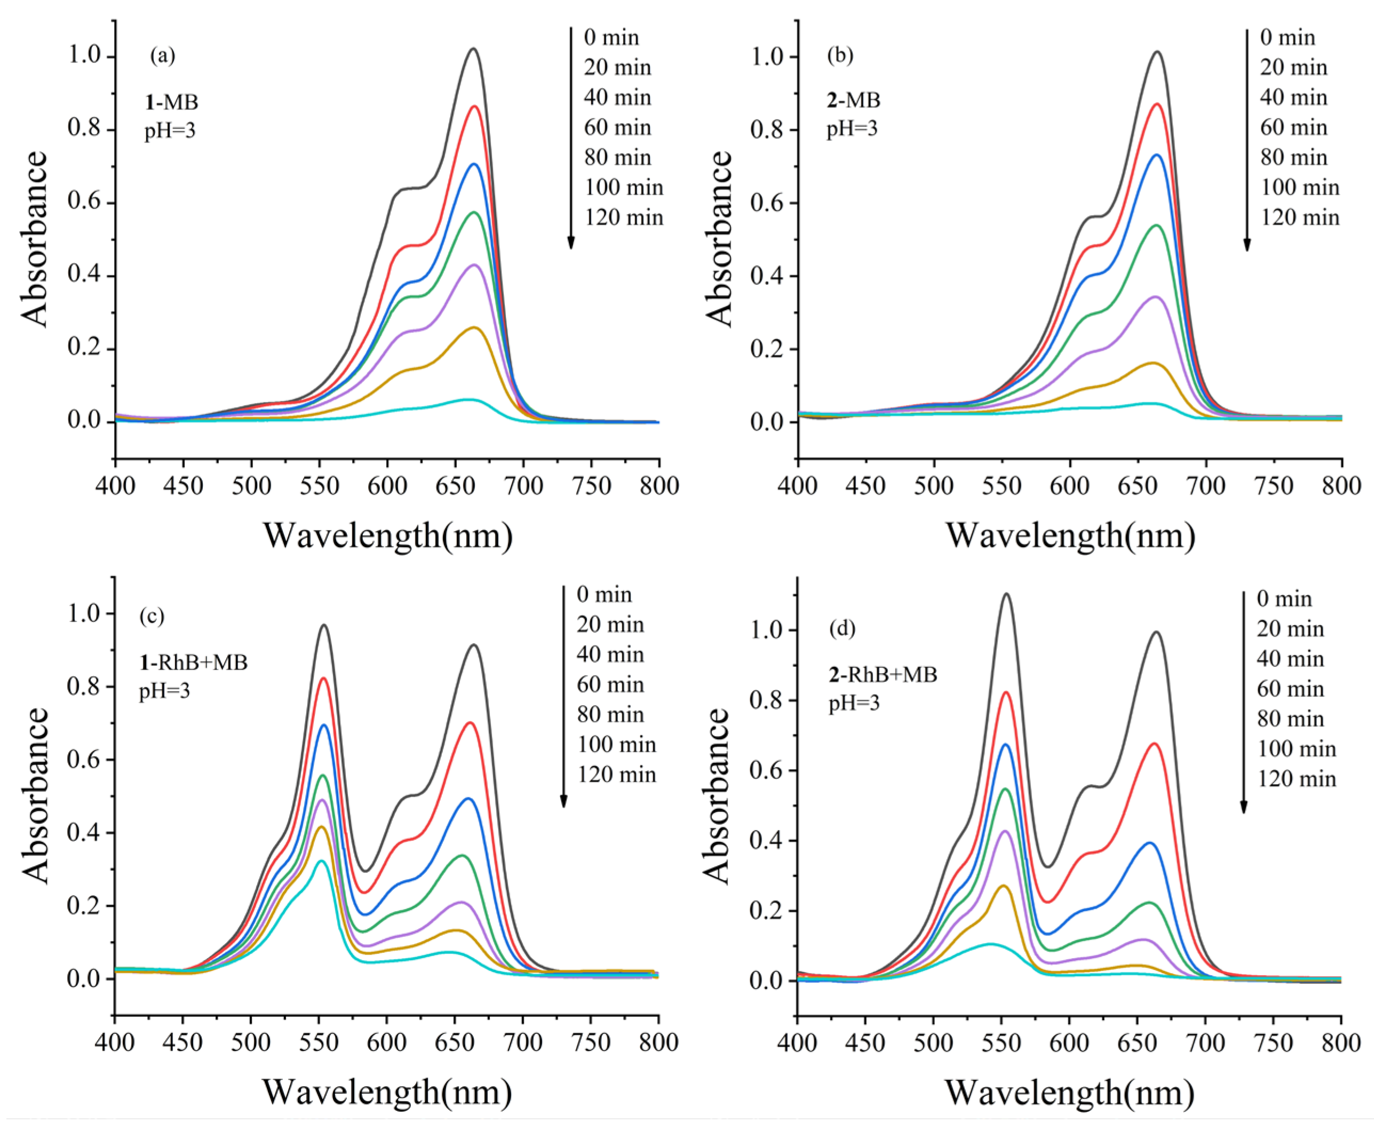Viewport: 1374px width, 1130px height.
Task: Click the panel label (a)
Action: [x=162, y=56]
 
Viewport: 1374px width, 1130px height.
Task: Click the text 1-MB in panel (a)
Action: [x=171, y=101]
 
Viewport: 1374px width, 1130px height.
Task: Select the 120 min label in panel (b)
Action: [x=1299, y=217]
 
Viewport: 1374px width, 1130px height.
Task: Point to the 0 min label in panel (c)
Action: [x=603, y=594]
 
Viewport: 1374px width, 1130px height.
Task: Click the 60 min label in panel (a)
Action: [x=617, y=127]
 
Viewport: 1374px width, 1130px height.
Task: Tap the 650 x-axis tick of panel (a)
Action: [x=455, y=486]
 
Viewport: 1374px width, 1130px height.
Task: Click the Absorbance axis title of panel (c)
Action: [x=35, y=795]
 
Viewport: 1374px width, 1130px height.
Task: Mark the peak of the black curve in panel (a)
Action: [x=473, y=49]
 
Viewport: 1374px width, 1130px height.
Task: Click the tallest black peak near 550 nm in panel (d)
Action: [x=1006, y=594]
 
